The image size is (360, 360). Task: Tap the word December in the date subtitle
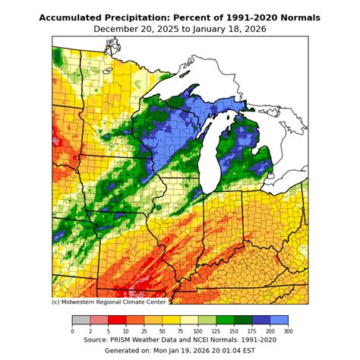(x=119, y=29)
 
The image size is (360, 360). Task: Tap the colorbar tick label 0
(x=72, y=330)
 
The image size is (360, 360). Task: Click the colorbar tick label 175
(x=252, y=330)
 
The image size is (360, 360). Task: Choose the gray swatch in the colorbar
(x=81, y=320)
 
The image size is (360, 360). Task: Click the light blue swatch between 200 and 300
(x=279, y=320)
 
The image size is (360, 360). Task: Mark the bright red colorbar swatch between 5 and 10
(x=117, y=320)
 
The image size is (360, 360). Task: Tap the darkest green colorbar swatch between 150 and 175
(x=243, y=320)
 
